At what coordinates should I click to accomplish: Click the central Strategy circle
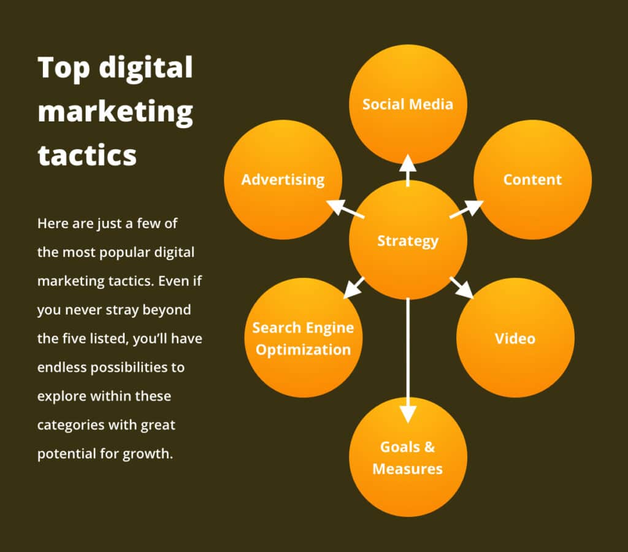pos(408,240)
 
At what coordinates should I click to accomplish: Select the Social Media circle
pos(408,104)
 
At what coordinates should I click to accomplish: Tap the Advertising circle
pos(283,180)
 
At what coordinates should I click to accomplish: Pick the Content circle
pos(532,180)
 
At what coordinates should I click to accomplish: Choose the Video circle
pos(515,339)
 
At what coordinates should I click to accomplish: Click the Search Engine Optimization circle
pos(303,339)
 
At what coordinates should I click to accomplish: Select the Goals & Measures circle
pos(408,458)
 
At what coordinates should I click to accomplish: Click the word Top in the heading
pos(64,67)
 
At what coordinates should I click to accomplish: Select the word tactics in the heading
pos(87,155)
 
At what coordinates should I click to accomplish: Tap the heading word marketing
pos(115,112)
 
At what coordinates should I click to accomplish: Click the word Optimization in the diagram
pos(303,350)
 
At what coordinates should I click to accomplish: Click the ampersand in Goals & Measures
pos(429,447)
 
